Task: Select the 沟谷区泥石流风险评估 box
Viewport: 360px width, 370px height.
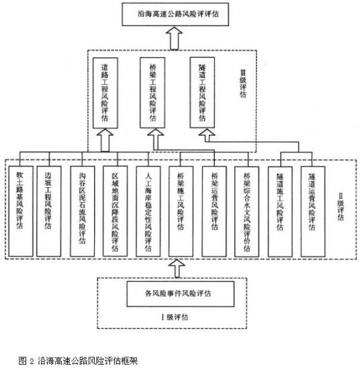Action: coord(83,208)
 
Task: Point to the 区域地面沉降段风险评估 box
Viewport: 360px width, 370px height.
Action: coord(117,208)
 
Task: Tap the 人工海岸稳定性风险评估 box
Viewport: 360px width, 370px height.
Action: coord(148,208)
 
